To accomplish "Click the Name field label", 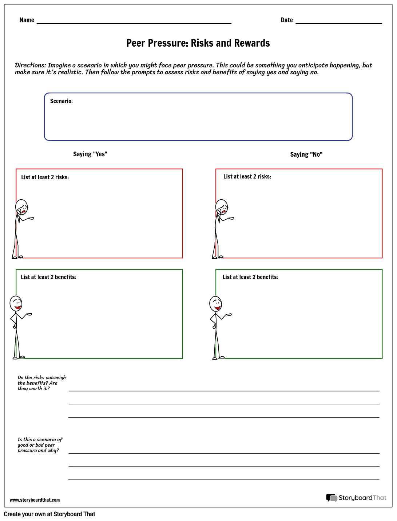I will coord(27,20).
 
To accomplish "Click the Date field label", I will coord(287,20).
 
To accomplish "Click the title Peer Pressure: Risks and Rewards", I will coord(198,43).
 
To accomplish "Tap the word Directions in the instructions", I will coord(30,65).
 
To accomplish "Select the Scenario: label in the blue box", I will coord(61,101).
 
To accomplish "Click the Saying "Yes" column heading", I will coord(90,154).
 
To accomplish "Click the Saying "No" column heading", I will coord(306,154).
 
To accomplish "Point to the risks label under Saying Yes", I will coord(45,177).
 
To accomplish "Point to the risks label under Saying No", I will coord(247,177).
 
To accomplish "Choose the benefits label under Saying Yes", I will coord(48,277).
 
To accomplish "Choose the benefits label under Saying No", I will coord(250,277).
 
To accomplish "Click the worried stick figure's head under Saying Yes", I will coord(22,207).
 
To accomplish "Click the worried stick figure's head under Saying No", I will coord(222,207).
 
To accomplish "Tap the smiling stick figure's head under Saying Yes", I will coord(16,303).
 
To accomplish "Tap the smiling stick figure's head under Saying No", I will coord(216,303).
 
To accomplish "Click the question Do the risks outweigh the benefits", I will coord(41,383).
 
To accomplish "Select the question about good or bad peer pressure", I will coord(40,445).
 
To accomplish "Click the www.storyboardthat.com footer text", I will coord(35,500).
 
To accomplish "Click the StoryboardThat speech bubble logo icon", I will coord(332,498).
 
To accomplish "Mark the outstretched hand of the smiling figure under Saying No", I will coord(229,314).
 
